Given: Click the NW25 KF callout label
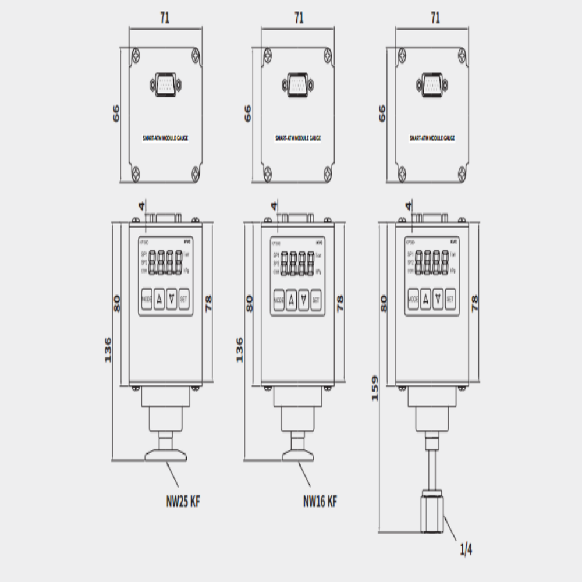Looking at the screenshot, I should point(183,500).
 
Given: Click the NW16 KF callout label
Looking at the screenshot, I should point(320,500).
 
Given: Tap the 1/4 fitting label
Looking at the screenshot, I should point(466,549).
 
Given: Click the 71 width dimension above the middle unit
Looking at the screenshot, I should point(298,18).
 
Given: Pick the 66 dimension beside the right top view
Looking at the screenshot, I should point(382,113).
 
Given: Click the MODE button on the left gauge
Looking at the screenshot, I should point(147,300).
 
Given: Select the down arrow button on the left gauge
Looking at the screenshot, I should point(171,300).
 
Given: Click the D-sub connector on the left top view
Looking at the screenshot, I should point(165,84).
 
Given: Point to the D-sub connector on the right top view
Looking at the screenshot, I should point(432,84).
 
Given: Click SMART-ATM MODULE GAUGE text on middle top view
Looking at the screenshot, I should point(298,139).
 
